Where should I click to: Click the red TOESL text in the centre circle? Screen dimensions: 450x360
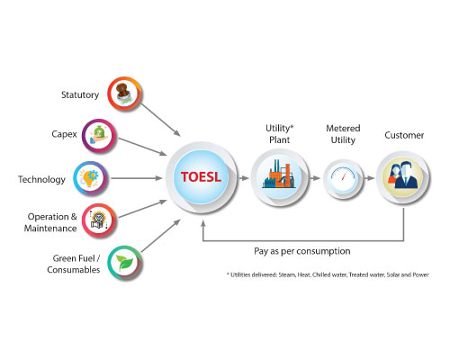point(201,177)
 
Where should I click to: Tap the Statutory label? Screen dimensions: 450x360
point(80,94)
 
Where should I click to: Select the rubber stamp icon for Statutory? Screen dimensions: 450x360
point(124,94)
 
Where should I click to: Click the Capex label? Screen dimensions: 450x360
point(64,134)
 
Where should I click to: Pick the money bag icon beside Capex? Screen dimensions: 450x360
point(99,136)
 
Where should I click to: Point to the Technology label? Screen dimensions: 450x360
point(41,179)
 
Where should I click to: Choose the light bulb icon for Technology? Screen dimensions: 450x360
point(89,178)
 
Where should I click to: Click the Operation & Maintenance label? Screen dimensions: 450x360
point(50,222)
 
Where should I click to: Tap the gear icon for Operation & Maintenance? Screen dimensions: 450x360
point(99,220)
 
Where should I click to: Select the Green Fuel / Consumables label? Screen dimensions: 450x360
point(74,264)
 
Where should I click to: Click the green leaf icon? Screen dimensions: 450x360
point(124,263)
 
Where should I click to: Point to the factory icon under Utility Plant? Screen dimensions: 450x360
point(279,177)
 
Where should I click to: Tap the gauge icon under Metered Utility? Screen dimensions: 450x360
point(343,177)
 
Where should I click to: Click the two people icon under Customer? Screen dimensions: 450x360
point(403,175)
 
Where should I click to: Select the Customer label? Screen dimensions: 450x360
point(404,135)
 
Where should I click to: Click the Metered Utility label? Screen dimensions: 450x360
point(343,134)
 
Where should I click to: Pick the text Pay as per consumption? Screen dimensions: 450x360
point(302,251)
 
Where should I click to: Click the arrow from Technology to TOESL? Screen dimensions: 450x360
point(137,178)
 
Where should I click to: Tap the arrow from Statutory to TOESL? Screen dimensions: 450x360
point(160,120)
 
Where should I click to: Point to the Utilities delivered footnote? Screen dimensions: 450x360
point(328,274)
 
